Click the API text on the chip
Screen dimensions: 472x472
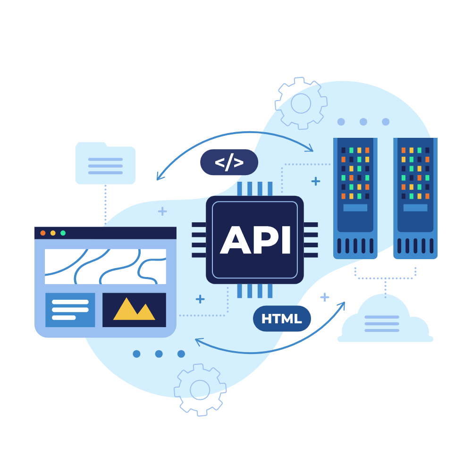pos(255,240)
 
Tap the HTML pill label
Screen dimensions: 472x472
pos(282,319)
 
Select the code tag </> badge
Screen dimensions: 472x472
pos(229,162)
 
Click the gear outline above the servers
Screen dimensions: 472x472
pos(301,103)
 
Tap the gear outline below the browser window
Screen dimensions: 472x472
pos(200,389)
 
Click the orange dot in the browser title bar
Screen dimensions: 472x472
pos(43,233)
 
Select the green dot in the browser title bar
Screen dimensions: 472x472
pos(63,233)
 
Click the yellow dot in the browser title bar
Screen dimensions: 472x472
pos(53,233)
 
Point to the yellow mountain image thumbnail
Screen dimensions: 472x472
pos(134,310)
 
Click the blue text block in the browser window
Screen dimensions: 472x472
pos(70,310)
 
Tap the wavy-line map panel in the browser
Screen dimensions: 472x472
pos(105,266)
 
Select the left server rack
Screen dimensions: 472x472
pos(355,198)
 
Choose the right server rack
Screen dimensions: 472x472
pos(415,198)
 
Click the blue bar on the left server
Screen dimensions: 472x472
pos(355,208)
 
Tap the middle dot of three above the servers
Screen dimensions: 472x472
pos(363,122)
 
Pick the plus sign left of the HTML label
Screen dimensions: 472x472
pos(200,299)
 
